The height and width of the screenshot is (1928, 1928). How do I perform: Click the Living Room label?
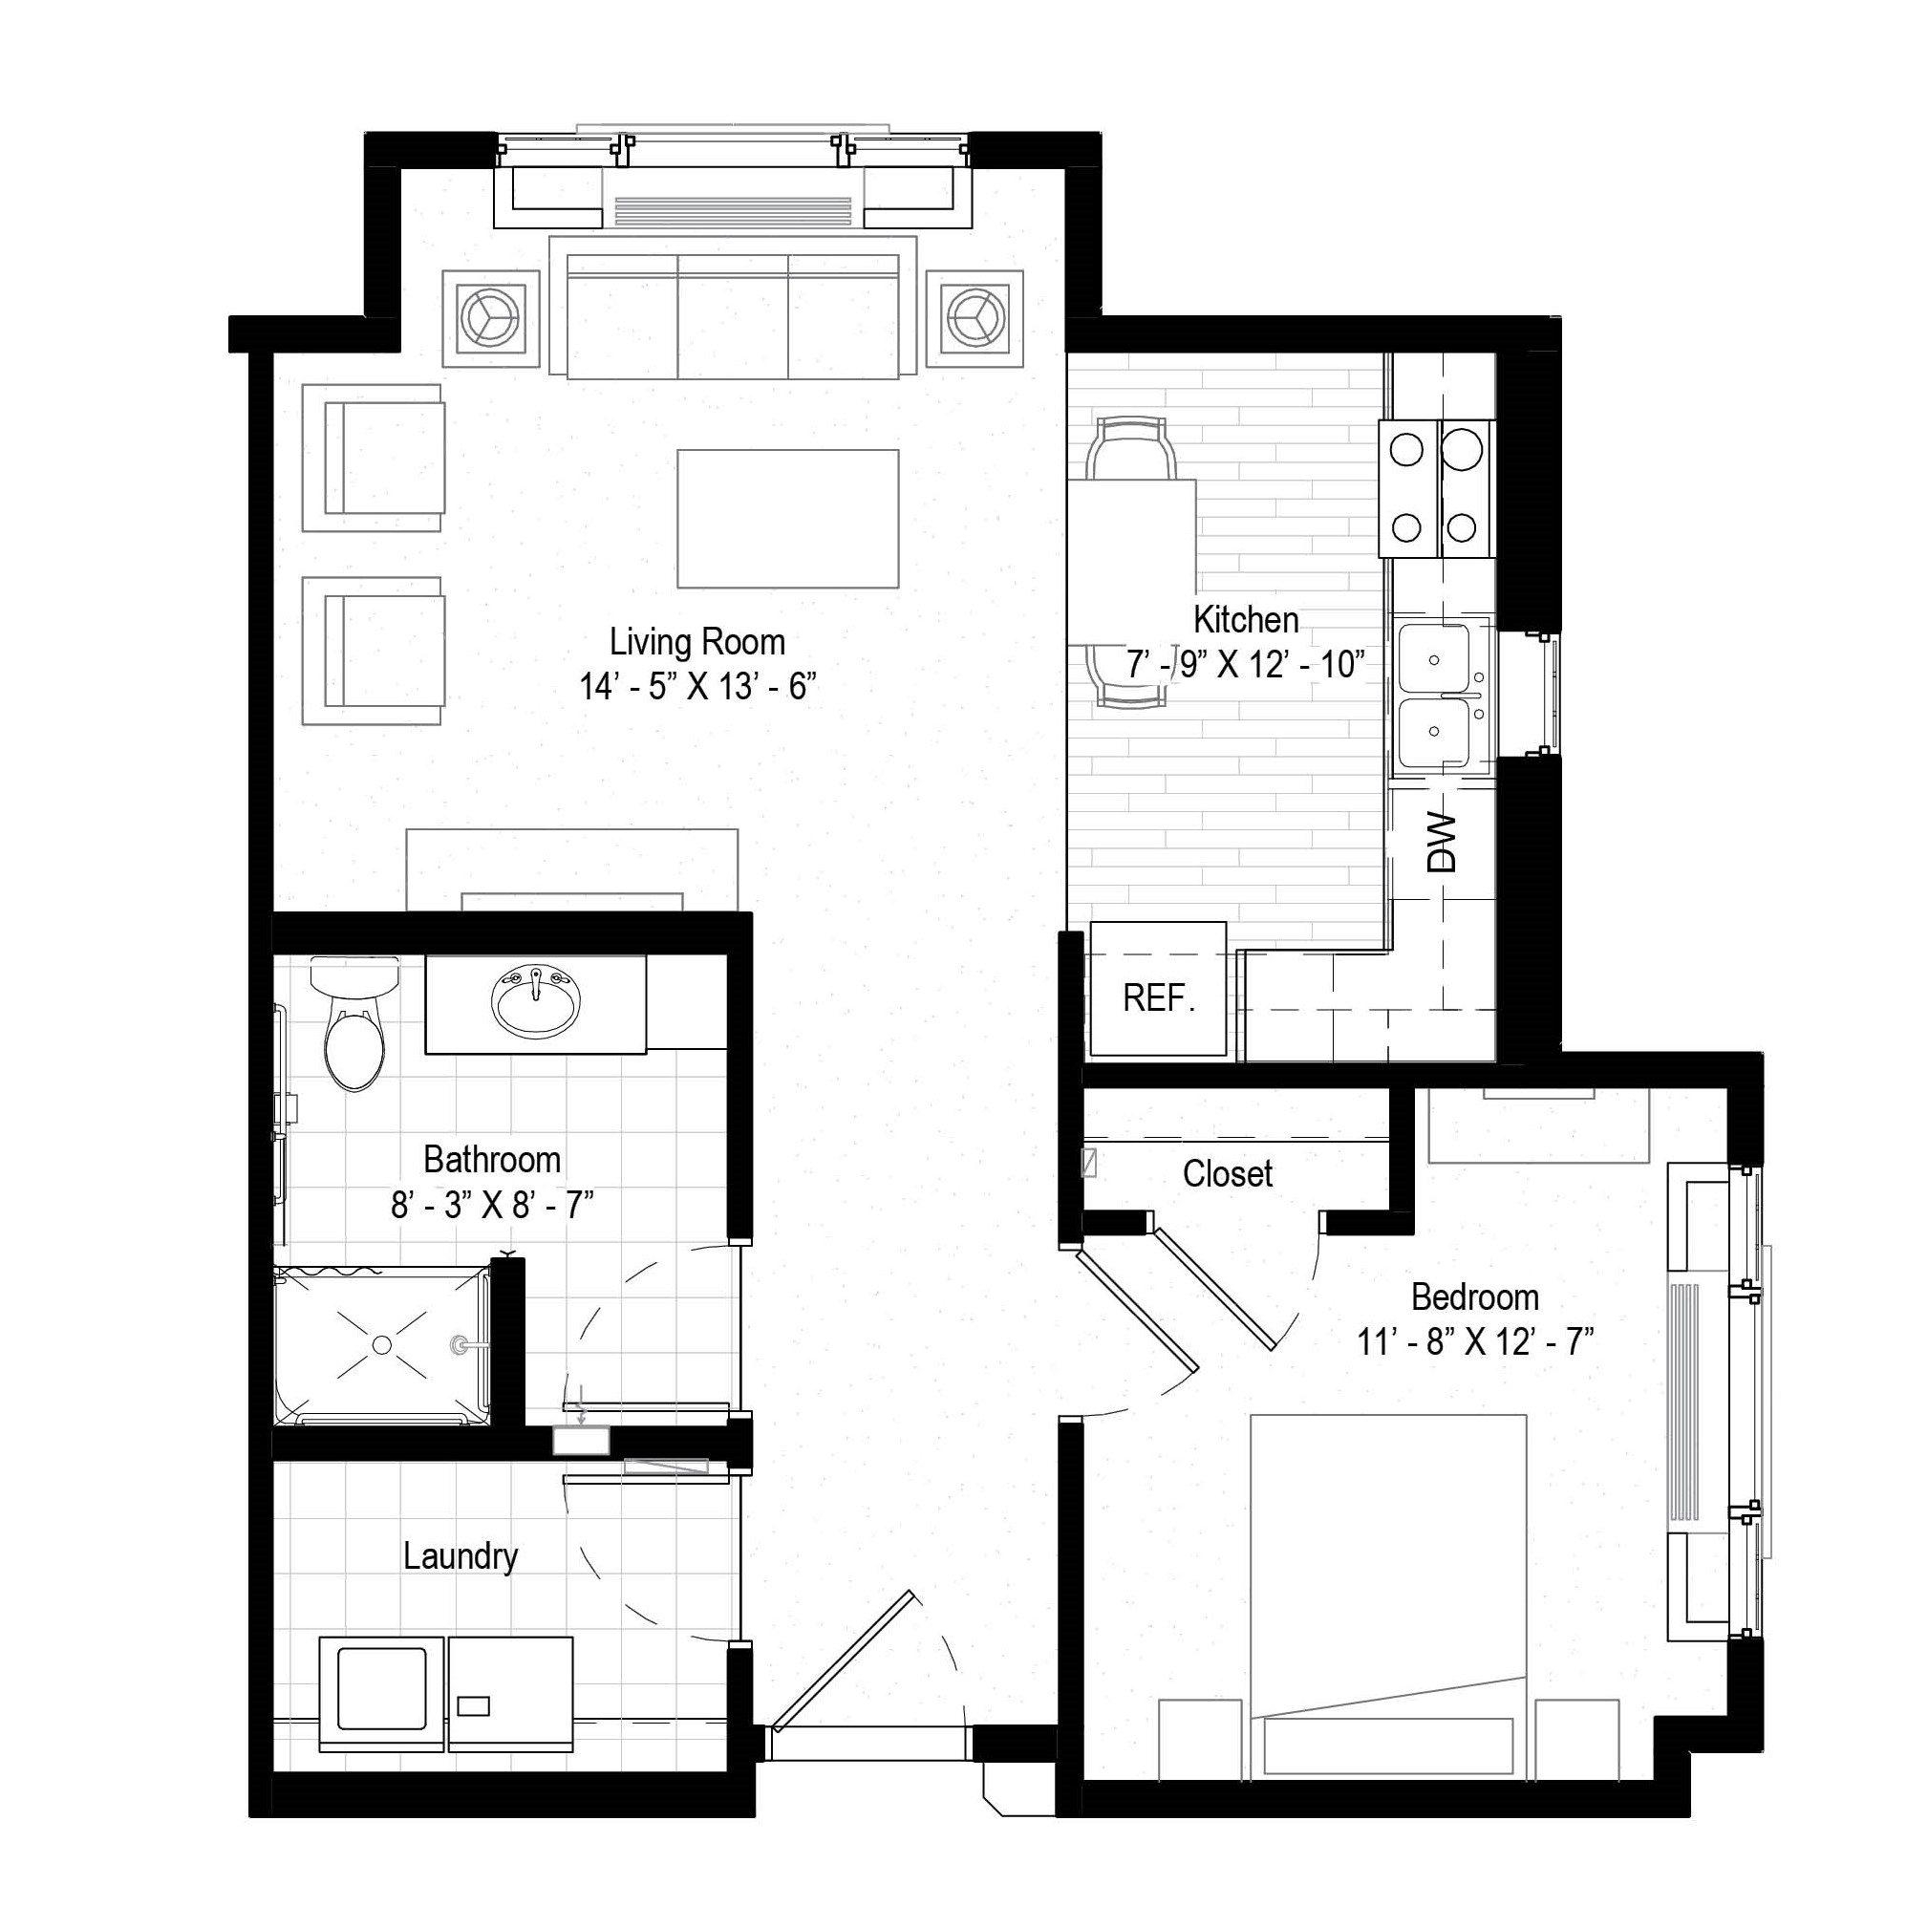pyautogui.click(x=697, y=642)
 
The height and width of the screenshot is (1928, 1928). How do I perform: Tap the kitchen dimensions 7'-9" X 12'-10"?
pyautogui.click(x=1246, y=665)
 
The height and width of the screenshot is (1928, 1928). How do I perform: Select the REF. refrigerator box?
pyautogui.click(x=1158, y=988)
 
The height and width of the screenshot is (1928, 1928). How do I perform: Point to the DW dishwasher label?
pyautogui.click(x=1442, y=844)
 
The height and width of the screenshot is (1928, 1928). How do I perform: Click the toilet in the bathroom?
pyautogui.click(x=353, y=1022)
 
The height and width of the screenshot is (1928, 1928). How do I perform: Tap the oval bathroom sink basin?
pyautogui.click(x=536, y=1001)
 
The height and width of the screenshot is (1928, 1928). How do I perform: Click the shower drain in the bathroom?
pyautogui.click(x=381, y=1344)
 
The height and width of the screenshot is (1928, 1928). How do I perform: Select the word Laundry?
pyautogui.click(x=461, y=1555)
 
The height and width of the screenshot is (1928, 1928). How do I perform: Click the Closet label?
pyautogui.click(x=1228, y=1173)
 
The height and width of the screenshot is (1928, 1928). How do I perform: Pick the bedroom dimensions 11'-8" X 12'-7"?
pyautogui.click(x=1475, y=1342)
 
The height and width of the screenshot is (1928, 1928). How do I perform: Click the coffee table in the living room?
pyautogui.click(x=787, y=519)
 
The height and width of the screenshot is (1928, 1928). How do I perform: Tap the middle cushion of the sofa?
pyautogui.click(x=733, y=316)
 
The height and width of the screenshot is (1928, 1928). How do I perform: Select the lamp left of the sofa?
pyautogui.click(x=491, y=317)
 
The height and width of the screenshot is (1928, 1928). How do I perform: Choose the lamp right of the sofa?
pyautogui.click(x=974, y=317)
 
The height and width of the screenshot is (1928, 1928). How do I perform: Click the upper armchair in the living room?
pyautogui.click(x=374, y=458)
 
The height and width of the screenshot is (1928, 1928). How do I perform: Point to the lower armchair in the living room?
pyautogui.click(x=374, y=651)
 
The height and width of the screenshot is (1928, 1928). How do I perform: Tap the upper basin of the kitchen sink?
pyautogui.click(x=1434, y=659)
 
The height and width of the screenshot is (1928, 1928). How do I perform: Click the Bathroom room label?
pyautogui.click(x=492, y=1160)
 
